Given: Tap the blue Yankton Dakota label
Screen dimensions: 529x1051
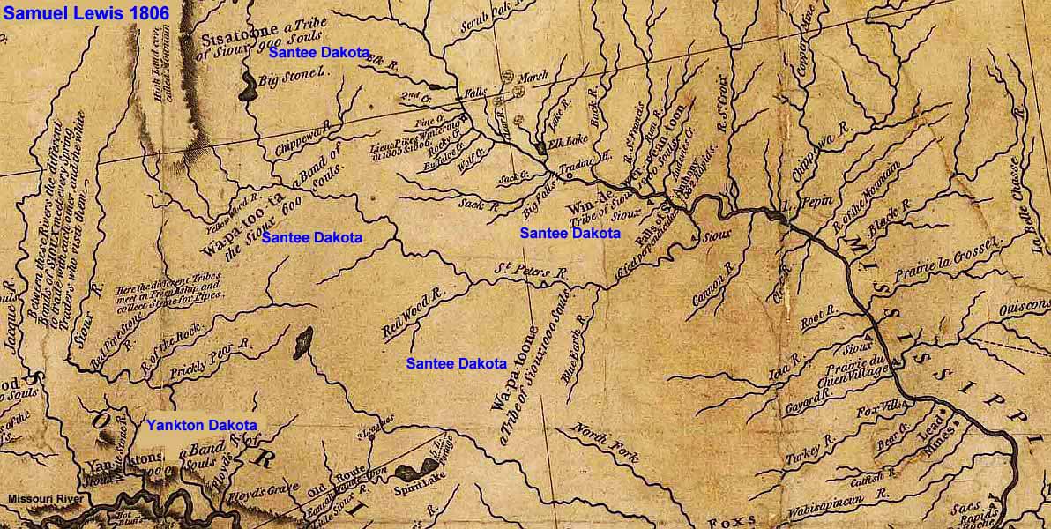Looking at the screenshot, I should [202, 425].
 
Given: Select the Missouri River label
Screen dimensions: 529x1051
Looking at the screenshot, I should [45, 499].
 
